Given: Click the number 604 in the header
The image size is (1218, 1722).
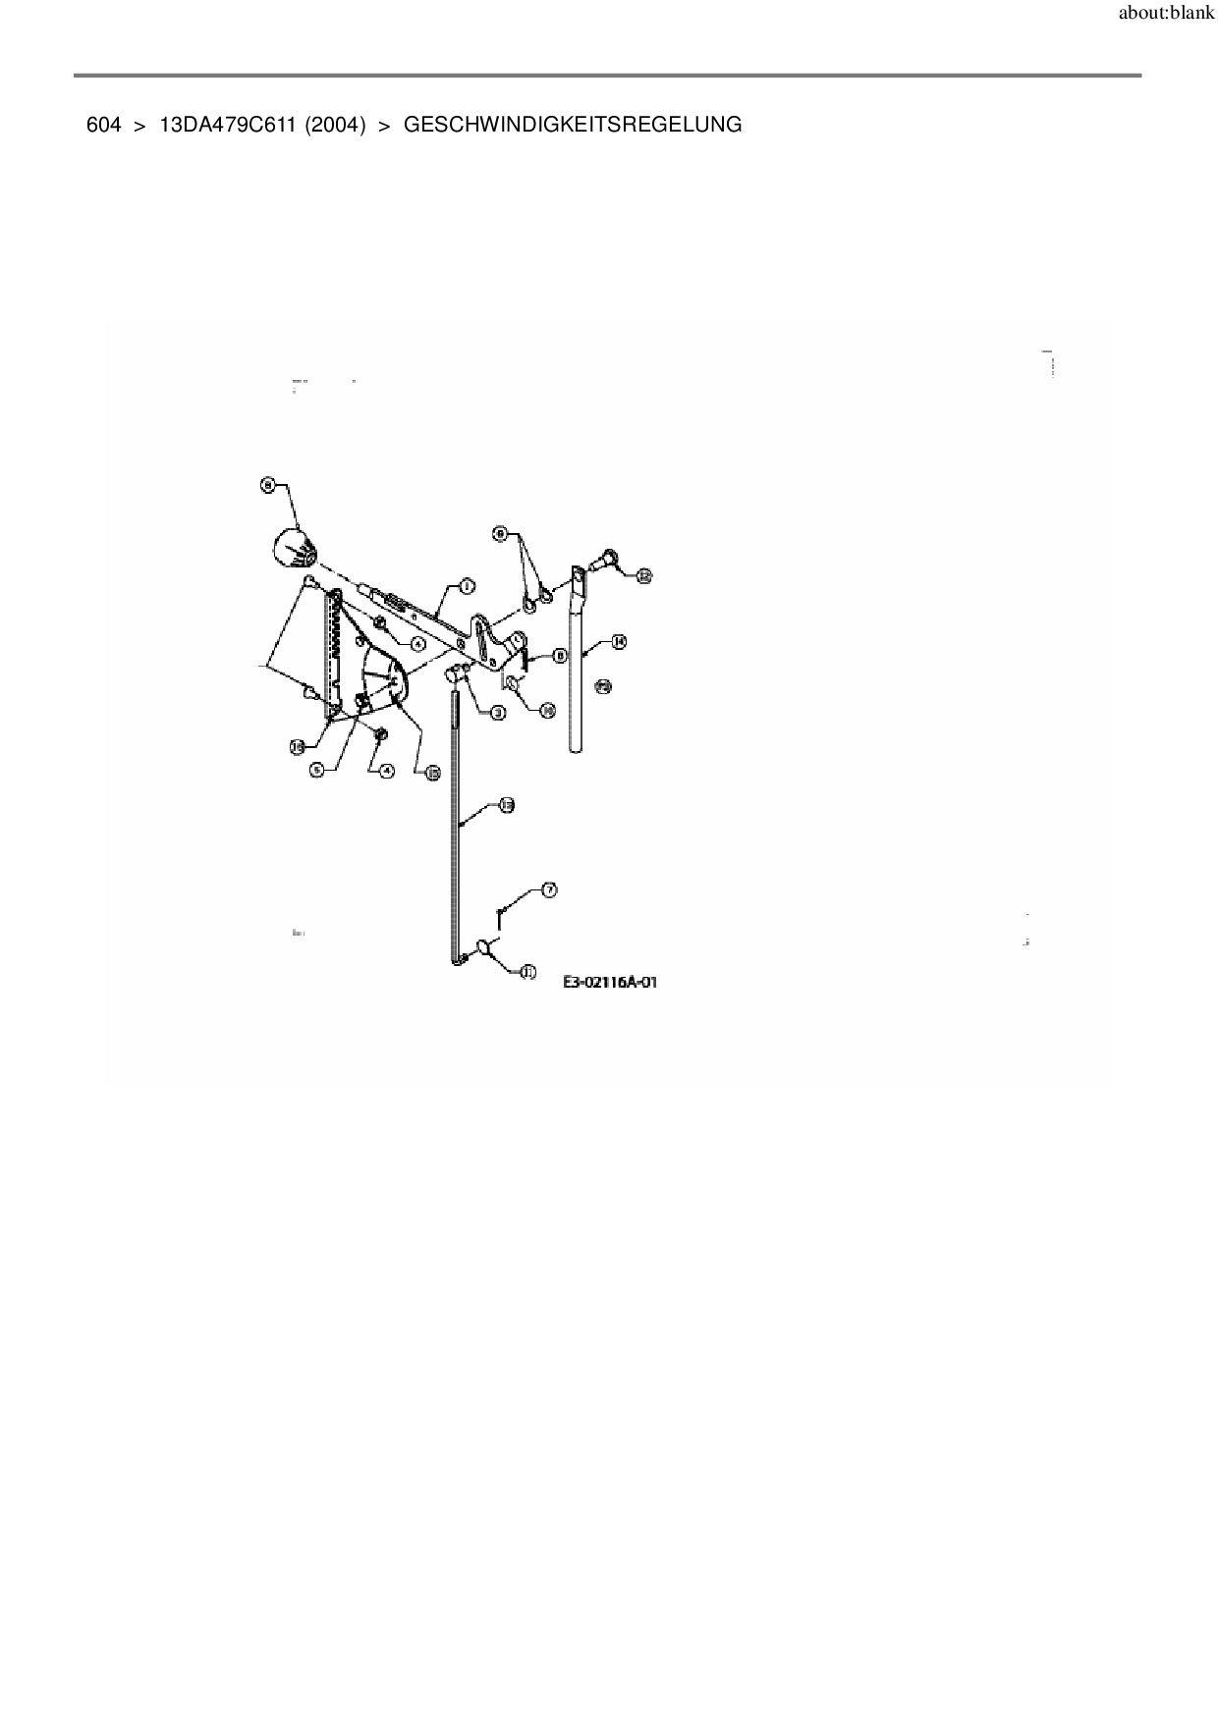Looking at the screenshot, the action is (x=103, y=125).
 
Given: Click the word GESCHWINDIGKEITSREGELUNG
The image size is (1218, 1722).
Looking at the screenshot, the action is (x=573, y=125).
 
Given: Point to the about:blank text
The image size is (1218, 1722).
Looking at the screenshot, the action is (x=1166, y=16).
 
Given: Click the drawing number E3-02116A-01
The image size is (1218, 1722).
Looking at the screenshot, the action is (x=609, y=981).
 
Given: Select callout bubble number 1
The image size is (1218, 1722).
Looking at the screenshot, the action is (x=466, y=586).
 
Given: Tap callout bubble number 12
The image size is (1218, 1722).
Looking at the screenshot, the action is (x=644, y=576).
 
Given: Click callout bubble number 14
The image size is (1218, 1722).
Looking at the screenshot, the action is (x=619, y=641).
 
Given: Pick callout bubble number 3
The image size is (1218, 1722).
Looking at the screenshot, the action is (x=498, y=713).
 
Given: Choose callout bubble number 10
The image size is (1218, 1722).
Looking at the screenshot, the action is (x=548, y=709).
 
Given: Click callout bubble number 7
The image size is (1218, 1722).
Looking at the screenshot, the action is (x=549, y=889).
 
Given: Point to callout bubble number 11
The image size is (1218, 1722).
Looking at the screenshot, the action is (x=526, y=972).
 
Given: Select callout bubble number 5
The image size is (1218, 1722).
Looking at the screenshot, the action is (x=316, y=770).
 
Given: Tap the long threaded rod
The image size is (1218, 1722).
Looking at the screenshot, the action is (x=457, y=825).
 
